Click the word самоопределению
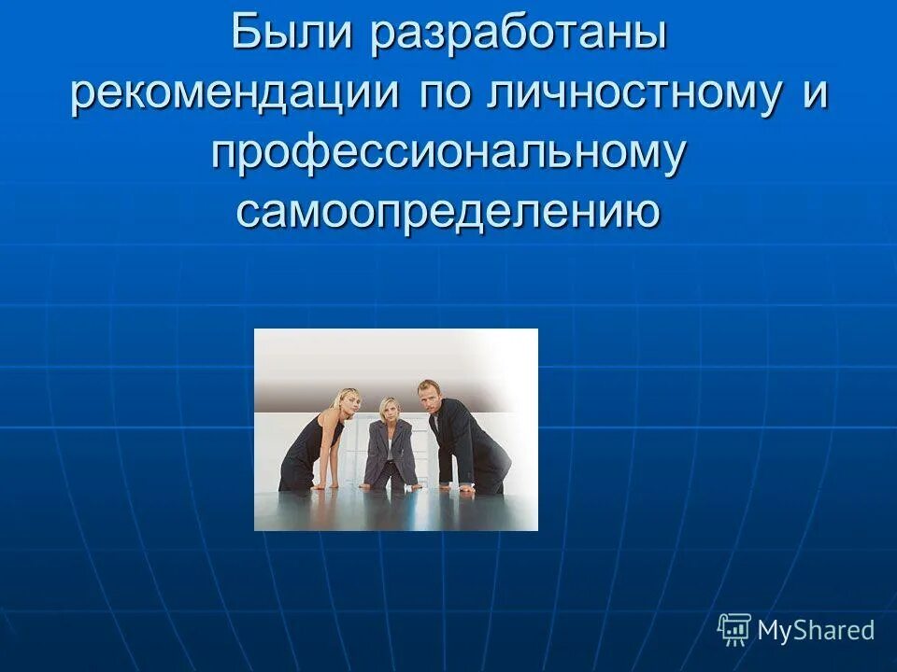coord(448,212)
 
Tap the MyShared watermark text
coord(816,630)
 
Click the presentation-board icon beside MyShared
coord(734,630)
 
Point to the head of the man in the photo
coord(429,395)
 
